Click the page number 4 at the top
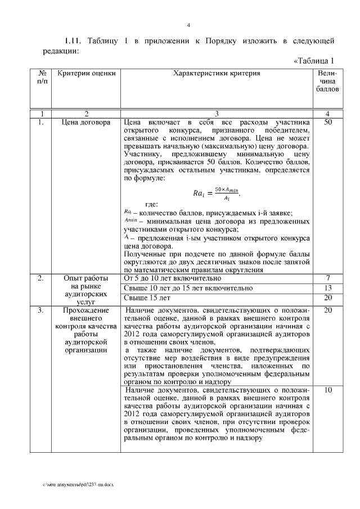pos(188,25)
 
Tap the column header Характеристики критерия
pos(217,73)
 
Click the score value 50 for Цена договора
pos(328,121)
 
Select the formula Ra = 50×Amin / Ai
pos(217,193)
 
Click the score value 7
pos(328,278)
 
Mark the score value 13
pos(328,288)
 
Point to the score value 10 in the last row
pos(328,390)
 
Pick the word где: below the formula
pos(151,204)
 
